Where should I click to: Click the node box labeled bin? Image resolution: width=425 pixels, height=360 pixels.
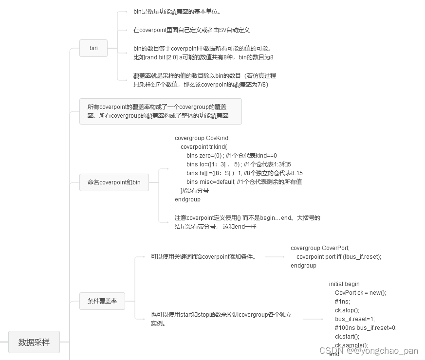click(93, 48)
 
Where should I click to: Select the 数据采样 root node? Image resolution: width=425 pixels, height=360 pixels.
click(34, 342)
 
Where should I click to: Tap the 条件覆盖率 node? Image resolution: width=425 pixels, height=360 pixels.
click(102, 301)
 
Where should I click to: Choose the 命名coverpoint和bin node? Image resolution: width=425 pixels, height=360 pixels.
click(114, 182)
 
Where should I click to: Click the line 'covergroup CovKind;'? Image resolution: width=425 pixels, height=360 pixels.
click(202, 138)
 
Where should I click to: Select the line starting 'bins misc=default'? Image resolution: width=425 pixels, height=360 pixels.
click(244, 182)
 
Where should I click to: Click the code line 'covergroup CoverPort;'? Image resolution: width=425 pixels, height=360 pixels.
click(320, 248)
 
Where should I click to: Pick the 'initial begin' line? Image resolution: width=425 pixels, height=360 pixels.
click(344, 284)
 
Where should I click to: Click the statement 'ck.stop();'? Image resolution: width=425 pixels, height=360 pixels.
click(347, 310)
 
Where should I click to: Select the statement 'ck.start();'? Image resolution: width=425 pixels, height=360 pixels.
click(347, 337)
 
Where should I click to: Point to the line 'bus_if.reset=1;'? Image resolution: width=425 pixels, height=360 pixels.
click(355, 319)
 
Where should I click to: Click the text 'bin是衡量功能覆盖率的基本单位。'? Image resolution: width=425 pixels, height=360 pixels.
click(180, 11)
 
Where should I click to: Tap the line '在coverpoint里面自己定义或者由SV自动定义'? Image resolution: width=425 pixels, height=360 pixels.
click(191, 30)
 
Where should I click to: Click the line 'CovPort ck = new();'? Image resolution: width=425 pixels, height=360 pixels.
click(360, 293)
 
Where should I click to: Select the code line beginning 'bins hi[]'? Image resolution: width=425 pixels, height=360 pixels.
click(244, 173)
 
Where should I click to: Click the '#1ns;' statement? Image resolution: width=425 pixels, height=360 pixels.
click(342, 302)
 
